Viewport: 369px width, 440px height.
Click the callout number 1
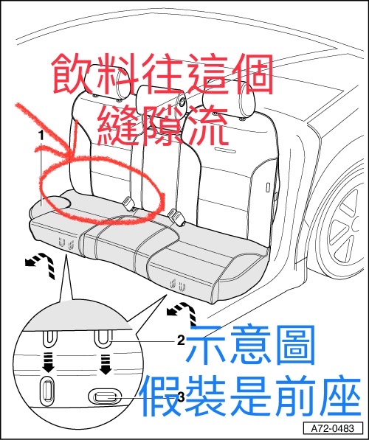pyautogui.click(x=41, y=136)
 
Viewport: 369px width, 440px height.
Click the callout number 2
pyautogui.click(x=182, y=341)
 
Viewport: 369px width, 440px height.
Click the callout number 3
pyautogui.click(x=182, y=397)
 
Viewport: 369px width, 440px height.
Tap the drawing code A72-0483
pyautogui.click(x=333, y=429)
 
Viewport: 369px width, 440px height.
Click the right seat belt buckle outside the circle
pyautogui.click(x=176, y=217)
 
